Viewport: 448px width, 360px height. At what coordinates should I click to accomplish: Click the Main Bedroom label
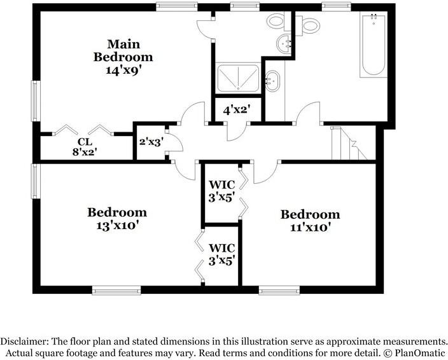point(123,51)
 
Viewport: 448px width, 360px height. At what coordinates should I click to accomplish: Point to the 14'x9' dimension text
point(123,70)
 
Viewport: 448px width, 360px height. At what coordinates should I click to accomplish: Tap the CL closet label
point(85,142)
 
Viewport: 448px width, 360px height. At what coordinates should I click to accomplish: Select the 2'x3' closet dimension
point(151,141)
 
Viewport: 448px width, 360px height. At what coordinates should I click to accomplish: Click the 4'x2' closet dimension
point(237,110)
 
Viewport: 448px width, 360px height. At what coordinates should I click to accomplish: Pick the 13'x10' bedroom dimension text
point(118,226)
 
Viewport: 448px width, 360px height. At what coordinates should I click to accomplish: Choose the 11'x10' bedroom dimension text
point(311,228)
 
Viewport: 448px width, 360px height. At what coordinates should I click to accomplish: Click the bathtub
point(374,45)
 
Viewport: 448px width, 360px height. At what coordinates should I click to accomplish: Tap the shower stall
point(238,78)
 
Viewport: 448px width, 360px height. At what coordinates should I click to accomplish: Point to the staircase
point(349,143)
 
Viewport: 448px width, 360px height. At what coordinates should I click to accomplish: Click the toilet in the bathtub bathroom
point(308,25)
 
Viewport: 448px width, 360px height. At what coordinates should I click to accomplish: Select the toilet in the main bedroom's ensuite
point(279,22)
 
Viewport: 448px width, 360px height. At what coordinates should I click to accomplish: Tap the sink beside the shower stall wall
point(272,81)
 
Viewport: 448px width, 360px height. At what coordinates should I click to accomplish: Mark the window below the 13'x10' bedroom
point(116,291)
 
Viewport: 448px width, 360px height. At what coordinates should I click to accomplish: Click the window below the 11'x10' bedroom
point(279,291)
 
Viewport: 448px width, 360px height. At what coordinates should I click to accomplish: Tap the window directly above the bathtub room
point(337,6)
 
